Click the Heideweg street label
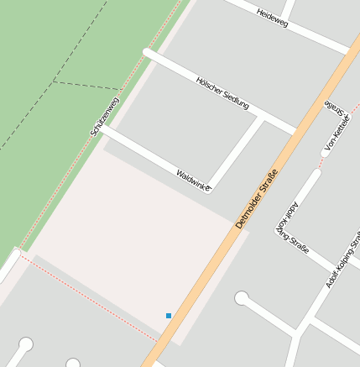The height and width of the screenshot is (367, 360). coord(273,18)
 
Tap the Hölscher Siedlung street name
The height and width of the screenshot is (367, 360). coord(222,92)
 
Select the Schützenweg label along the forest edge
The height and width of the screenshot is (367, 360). coord(105,117)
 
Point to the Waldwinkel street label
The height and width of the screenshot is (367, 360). coord(193,179)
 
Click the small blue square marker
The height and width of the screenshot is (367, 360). coord(169,316)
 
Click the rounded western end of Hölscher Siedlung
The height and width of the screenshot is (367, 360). coord(148,53)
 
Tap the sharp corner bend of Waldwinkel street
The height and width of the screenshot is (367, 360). coord(209,188)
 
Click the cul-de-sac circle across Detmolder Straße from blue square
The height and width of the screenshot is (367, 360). coord(241,297)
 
